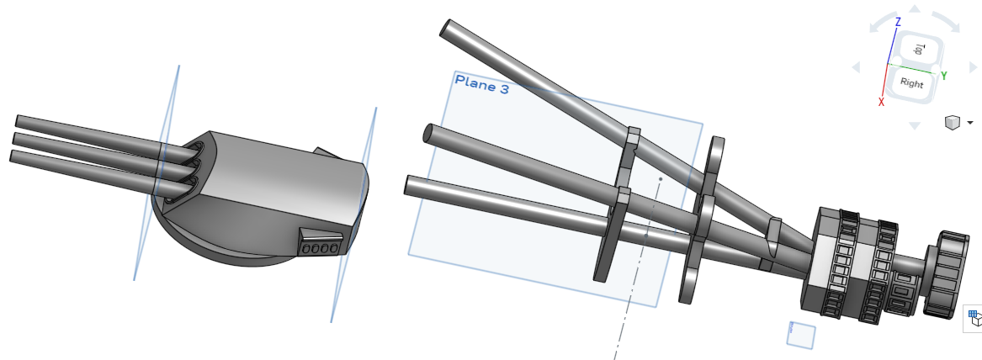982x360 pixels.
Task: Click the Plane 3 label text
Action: [x=482, y=84]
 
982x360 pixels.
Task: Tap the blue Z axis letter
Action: [x=898, y=22]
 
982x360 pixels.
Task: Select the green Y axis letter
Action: [x=944, y=76]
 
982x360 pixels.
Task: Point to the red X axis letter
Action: [x=881, y=102]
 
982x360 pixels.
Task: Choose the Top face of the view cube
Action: [x=919, y=49]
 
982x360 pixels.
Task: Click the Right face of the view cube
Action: [x=912, y=82]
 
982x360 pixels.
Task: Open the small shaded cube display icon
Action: [x=952, y=123]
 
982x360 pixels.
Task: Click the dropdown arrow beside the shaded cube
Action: [x=971, y=123]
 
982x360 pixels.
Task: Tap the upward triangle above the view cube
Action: [x=915, y=8]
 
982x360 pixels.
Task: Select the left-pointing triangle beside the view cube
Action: [x=856, y=67]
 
